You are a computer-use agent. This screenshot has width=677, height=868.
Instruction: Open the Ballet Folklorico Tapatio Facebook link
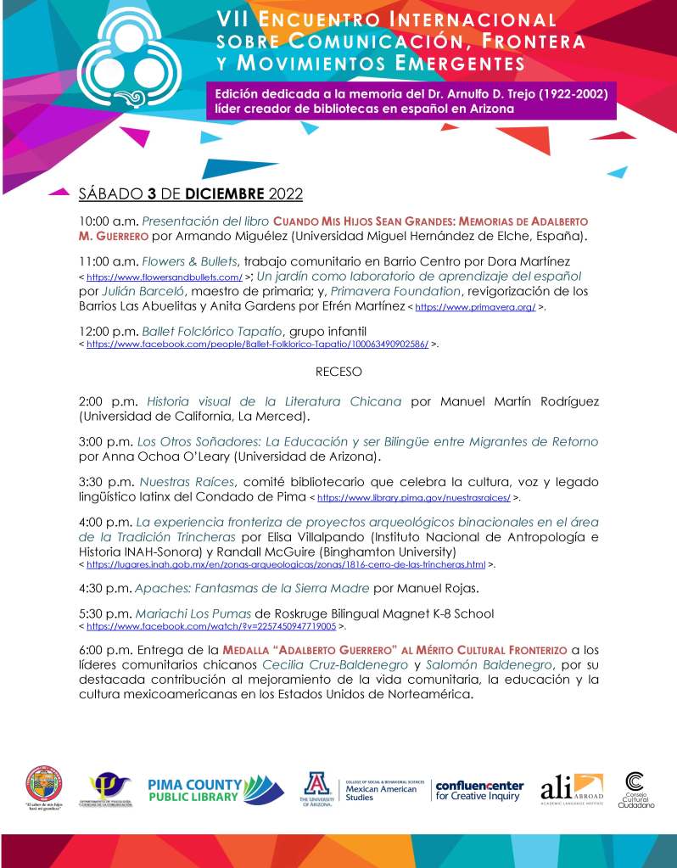tap(256, 345)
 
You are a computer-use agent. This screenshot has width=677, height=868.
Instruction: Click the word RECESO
tap(338, 372)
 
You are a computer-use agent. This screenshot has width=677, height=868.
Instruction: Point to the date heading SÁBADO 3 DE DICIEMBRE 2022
tap(190, 193)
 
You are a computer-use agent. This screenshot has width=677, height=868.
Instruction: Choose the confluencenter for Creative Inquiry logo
tap(479, 791)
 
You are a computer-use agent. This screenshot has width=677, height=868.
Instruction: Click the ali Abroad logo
tap(573, 787)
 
